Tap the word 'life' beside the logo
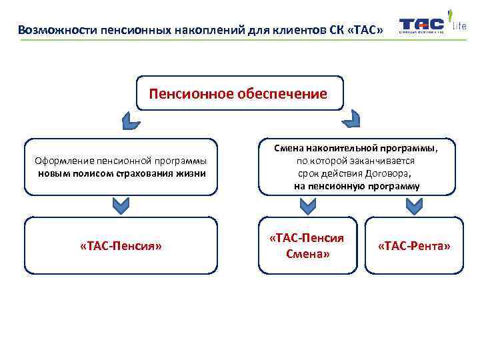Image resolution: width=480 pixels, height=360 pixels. pos(459,26)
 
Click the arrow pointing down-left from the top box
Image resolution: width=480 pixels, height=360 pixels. pos(131,121)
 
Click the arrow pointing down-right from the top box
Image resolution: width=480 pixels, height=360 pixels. pos(351,121)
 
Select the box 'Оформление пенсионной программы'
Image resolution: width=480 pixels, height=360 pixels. pos(121,167)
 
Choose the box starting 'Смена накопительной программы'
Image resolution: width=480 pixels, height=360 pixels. pos(357,167)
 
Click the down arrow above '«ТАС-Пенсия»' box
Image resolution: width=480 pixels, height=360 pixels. pos(120,206)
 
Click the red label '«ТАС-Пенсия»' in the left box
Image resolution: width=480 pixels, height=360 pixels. pos(121,246)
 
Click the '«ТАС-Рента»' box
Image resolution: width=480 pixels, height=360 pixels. pos(414,245)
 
